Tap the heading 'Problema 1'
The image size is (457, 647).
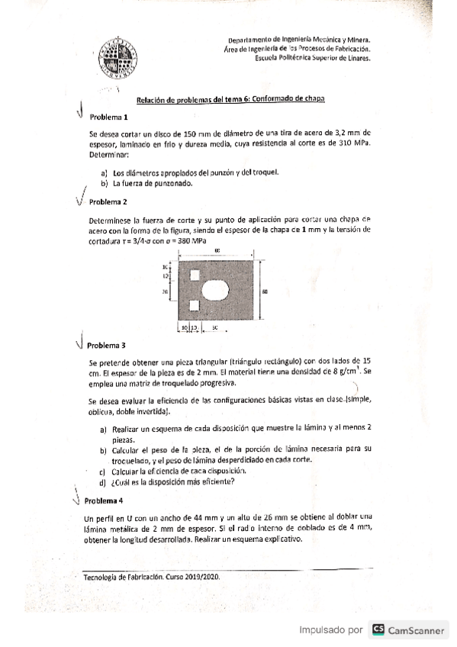[x=109, y=117]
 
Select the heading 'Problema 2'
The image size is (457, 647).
[x=108, y=202]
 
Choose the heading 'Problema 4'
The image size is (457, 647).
[x=104, y=501]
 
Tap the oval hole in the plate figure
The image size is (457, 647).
[x=216, y=290]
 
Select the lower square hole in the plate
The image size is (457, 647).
[x=194, y=306]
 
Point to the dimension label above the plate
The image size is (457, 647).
[x=217, y=250]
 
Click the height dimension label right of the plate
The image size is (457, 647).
[x=265, y=291]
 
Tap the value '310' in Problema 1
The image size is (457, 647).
[x=343, y=143]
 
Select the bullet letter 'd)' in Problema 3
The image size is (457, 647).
[x=104, y=481]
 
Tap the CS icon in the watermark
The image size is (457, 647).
[x=378, y=630]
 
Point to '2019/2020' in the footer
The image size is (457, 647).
[x=202, y=577]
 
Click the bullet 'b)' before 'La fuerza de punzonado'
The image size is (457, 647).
[x=105, y=183]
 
